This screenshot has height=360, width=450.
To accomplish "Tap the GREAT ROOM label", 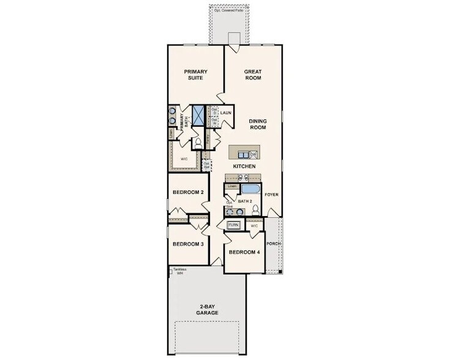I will click(253, 75).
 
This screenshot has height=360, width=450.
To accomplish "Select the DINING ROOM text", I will click(260, 124).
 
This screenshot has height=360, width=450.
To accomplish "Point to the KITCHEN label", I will click(244, 167).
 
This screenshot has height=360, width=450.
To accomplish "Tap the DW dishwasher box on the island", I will click(253, 154).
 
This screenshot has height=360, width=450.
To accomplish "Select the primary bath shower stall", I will click(198, 114).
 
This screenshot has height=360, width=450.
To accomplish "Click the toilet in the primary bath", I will click(198, 143).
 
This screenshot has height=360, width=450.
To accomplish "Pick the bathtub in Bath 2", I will click(250, 189).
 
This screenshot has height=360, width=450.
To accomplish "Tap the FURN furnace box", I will click(233, 225).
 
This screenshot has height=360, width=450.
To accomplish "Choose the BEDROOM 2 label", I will click(188, 192).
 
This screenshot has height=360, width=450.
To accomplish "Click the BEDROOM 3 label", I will click(188, 244).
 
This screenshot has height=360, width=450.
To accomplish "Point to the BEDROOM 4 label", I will click(244, 252).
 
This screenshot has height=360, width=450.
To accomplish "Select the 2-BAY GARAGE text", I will click(208, 310).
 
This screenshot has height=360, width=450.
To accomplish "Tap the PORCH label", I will click(273, 243).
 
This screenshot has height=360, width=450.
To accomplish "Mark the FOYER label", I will click(271, 195).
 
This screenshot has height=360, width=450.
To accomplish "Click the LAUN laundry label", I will click(226, 113).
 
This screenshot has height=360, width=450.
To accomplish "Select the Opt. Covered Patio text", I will click(228, 10).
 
